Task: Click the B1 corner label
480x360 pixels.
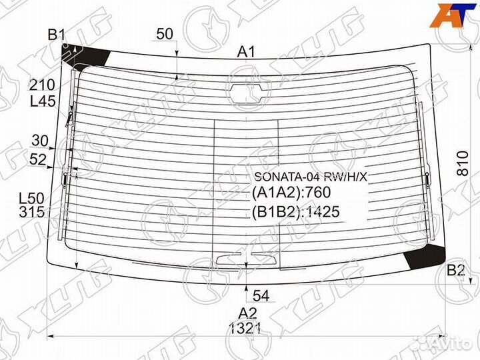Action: tap(56, 35)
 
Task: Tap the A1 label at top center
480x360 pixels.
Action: tap(247, 51)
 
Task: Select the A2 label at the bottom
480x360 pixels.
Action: tap(247, 313)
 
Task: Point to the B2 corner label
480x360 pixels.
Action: tap(455, 270)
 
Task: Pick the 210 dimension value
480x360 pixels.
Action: tap(41, 85)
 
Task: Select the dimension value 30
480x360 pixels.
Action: tap(40, 141)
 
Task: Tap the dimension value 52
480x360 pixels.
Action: tap(38, 159)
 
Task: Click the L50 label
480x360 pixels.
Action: tap(31, 199)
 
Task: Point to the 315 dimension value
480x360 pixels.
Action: tap(31, 213)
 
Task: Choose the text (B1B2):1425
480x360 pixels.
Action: tap(295, 212)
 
